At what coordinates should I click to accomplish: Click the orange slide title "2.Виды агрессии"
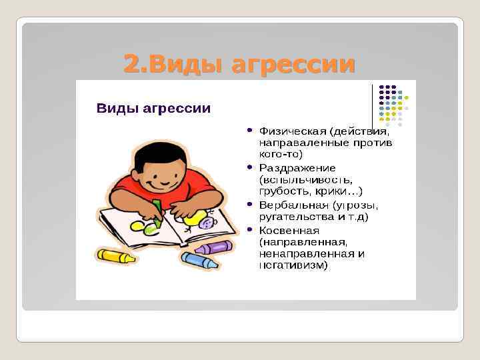239,64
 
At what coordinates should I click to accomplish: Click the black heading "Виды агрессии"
154,108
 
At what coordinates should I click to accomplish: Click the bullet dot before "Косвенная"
249,229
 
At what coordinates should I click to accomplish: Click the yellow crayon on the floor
116,255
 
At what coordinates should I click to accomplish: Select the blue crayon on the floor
200,260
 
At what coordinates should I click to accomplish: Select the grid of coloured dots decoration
393,105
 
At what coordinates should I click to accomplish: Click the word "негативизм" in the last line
293,265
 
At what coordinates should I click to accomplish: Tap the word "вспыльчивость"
296,180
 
